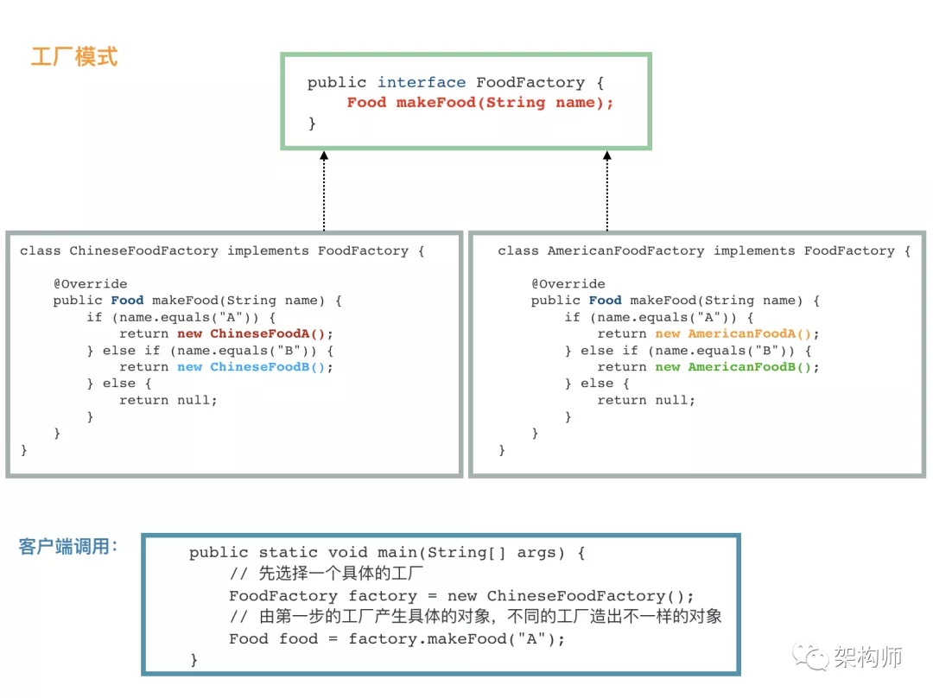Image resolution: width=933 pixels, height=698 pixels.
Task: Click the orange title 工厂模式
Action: pyautogui.click(x=74, y=58)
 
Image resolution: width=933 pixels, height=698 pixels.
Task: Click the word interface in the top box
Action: pyautogui.click(x=422, y=83)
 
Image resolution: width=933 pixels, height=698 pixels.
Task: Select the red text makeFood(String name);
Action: pyautogui.click(x=505, y=103)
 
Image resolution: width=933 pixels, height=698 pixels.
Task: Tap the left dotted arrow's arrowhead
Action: pyautogui.click(x=324, y=156)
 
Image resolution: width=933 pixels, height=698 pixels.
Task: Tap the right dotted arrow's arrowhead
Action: pyautogui.click(x=607, y=156)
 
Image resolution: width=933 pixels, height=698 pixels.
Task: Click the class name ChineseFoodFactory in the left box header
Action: pyautogui.click(x=143, y=251)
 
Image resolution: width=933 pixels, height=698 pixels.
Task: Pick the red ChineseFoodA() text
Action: pyautogui.click(x=271, y=334)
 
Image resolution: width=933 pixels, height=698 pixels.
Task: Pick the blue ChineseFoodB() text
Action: pyautogui.click(x=271, y=367)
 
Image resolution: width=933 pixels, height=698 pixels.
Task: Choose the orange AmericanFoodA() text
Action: pyautogui.click(x=753, y=334)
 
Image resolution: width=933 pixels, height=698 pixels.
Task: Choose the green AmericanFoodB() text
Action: pyautogui.click(x=753, y=367)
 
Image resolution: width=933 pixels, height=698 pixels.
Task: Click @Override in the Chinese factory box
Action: pyautogui.click(x=90, y=284)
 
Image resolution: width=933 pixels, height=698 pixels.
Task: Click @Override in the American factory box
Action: pyautogui.click(x=568, y=284)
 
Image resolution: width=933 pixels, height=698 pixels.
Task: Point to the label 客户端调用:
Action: pyautogui.click(x=68, y=547)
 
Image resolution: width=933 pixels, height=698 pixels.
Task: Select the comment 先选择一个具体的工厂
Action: pyautogui.click(x=340, y=574)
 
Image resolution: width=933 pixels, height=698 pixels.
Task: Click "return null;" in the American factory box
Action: pyautogui.click(x=646, y=400)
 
